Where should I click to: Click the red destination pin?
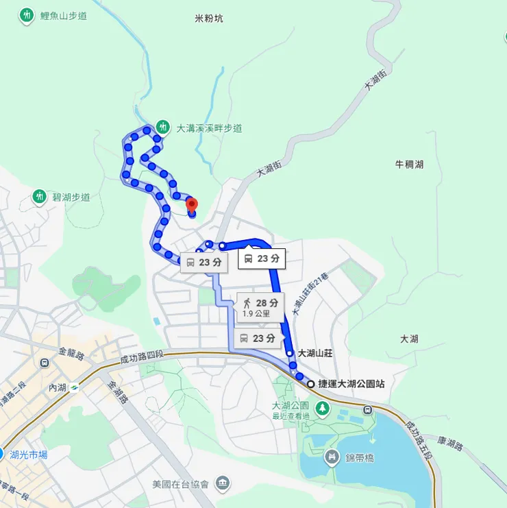click(x=192, y=204)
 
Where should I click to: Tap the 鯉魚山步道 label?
click(x=64, y=15)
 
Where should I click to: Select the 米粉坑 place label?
click(x=209, y=19)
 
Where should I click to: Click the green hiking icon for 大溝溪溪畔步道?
click(x=162, y=127)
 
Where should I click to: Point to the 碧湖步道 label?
click(x=71, y=197)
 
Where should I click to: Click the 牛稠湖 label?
click(x=409, y=165)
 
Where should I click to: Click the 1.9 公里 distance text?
click(x=256, y=314)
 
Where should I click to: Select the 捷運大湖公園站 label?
click(x=351, y=384)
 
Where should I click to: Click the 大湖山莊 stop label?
click(x=314, y=353)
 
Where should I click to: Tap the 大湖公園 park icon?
click(x=322, y=409)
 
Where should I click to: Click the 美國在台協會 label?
click(x=181, y=483)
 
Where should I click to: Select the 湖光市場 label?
click(x=29, y=454)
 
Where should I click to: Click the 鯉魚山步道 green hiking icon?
click(x=27, y=14)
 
